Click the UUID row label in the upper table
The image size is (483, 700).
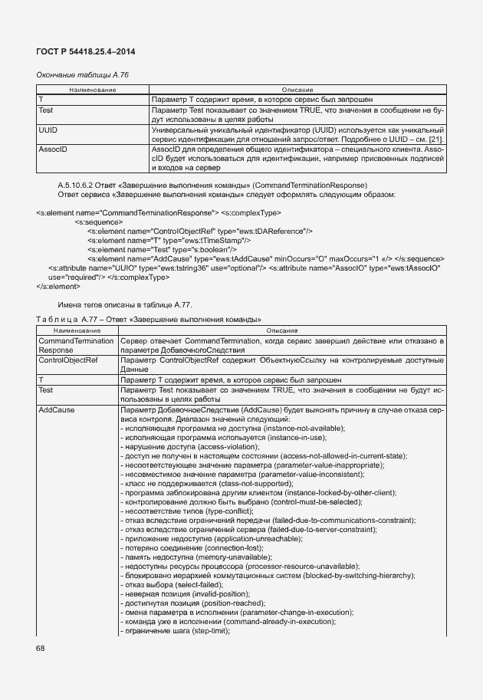tap(48, 131)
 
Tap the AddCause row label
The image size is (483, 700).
tap(56, 410)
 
